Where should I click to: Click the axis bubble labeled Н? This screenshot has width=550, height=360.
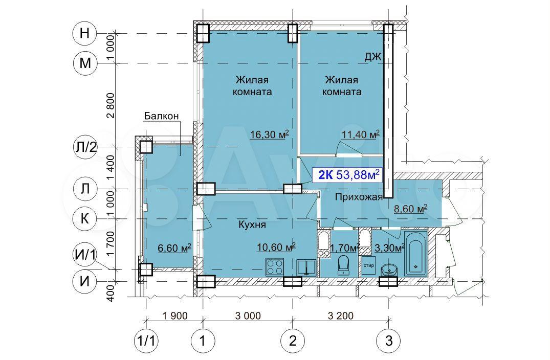coord(84,34)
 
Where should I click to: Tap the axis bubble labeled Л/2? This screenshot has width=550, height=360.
coord(84,147)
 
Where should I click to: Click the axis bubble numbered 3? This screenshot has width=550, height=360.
coord(388,341)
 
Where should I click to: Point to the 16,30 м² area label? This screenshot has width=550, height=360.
coord(270,134)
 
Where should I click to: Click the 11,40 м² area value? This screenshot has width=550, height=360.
coord(361,134)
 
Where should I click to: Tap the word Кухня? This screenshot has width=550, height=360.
coord(252,224)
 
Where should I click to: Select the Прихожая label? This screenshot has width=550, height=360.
coord(359,197)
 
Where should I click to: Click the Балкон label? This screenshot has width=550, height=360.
coord(161,116)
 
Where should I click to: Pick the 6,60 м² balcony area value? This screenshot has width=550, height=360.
coord(174,248)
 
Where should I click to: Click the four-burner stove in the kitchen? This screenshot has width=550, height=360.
coord(275,267)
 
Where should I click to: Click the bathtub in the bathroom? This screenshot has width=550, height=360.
coord(415,253)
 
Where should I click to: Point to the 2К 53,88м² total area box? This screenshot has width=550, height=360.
coord(349,174)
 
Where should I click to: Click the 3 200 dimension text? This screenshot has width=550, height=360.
coord(341,316)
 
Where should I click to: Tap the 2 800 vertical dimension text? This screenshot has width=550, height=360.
coord(111,105)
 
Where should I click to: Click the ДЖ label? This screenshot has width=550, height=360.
coord(372,57)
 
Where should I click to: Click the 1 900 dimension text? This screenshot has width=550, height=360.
coord(175,316)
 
